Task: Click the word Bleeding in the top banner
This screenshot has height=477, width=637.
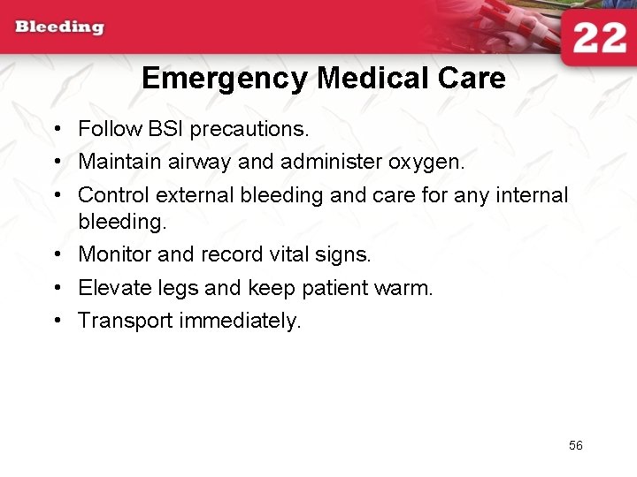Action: pyautogui.click(x=59, y=26)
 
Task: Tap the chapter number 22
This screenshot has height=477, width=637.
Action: pyautogui.click(x=598, y=39)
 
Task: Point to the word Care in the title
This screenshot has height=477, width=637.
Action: pyautogui.click(x=476, y=79)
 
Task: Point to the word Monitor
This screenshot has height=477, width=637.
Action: pyautogui.click(x=114, y=254)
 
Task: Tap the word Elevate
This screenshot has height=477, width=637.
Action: pyautogui.click(x=113, y=288)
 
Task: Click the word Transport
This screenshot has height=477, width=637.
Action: pyautogui.click(x=125, y=321)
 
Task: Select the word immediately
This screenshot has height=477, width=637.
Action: pyautogui.click(x=239, y=321)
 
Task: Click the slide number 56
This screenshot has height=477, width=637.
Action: pyautogui.click(x=576, y=446)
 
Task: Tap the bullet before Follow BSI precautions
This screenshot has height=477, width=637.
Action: pyautogui.click(x=56, y=130)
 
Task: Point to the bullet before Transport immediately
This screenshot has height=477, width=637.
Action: pyautogui.click(x=56, y=321)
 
